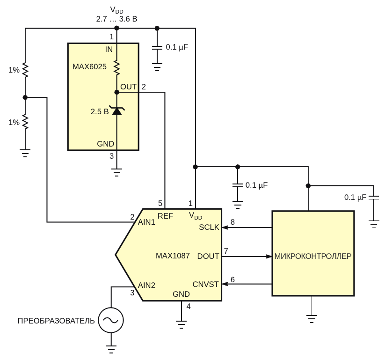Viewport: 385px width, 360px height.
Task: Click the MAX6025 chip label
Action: [89, 67]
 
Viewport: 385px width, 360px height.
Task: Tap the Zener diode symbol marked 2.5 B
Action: [116, 110]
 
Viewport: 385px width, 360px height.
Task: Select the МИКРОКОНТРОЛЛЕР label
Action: [313, 256]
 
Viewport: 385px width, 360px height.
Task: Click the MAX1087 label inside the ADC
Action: [173, 256]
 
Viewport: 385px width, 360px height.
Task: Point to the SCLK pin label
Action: [209, 227]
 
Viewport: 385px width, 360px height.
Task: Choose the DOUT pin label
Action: [208, 256]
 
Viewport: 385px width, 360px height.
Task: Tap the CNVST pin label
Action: [206, 284]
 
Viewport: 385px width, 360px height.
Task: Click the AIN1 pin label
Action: [146, 222]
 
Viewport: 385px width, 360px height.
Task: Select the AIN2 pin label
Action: [146, 285]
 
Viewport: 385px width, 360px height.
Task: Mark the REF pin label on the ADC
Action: [165, 216]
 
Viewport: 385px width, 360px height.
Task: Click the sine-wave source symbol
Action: [111, 321]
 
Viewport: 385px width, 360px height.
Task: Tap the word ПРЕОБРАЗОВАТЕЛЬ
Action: [56, 321]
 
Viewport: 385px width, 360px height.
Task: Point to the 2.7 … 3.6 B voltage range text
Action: [116, 19]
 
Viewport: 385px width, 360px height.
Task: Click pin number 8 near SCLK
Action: [232, 221]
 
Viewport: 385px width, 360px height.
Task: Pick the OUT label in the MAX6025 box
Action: [128, 87]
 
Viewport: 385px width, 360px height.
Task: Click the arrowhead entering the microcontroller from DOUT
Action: [269, 257]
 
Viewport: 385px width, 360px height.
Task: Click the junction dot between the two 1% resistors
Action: [25, 97]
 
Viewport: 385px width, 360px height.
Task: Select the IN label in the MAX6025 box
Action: [109, 50]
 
